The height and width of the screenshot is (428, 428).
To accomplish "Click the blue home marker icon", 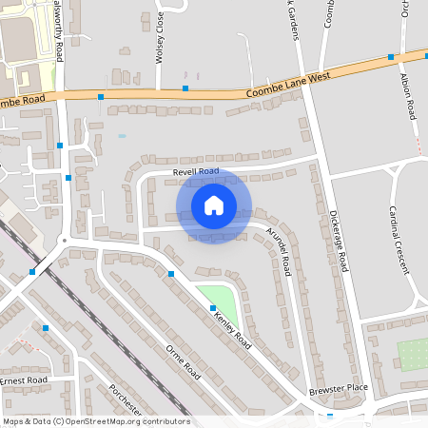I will [213, 205].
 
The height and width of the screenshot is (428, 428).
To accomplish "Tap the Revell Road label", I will [196, 172].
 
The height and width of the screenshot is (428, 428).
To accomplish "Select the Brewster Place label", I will [337, 389].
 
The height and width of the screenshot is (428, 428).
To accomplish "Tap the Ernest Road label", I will [23, 379].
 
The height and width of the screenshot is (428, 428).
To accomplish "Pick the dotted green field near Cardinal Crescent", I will [413, 355].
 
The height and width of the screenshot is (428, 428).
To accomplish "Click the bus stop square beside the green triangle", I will [213, 308].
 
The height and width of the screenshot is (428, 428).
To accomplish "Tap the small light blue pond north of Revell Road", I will [122, 136].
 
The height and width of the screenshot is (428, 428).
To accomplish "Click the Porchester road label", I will [125, 401].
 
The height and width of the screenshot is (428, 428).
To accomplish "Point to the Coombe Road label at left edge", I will [23, 100].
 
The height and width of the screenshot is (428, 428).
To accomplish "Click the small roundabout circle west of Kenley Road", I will [64, 241].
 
